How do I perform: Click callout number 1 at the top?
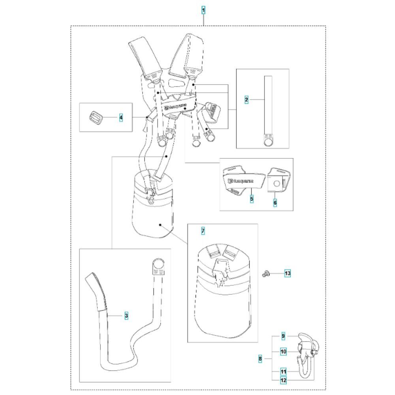click(x=203, y=10)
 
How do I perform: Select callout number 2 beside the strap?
click(x=246, y=100)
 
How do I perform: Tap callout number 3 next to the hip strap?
click(x=126, y=316)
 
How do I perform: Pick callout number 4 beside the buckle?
click(x=121, y=117)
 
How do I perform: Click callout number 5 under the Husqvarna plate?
click(x=252, y=199)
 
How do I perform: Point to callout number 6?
click(x=275, y=202)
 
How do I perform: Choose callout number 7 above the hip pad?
click(x=203, y=231)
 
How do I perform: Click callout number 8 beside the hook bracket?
click(x=260, y=359)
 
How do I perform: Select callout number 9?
click(x=283, y=336)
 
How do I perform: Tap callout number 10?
click(x=283, y=352)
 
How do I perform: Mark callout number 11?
click(x=283, y=372)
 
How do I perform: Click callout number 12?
click(x=283, y=380)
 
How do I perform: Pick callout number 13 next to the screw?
click(x=288, y=273)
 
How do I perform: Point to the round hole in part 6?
click(x=276, y=184)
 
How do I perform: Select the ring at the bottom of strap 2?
click(x=268, y=142)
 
